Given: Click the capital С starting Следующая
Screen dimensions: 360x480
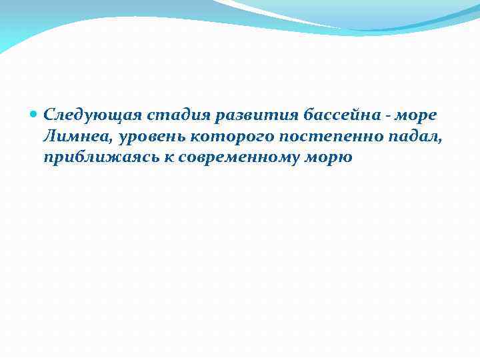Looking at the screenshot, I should pyautogui.click(x=49, y=115).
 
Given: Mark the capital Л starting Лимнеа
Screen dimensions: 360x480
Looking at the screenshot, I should pyautogui.click(x=49, y=137).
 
